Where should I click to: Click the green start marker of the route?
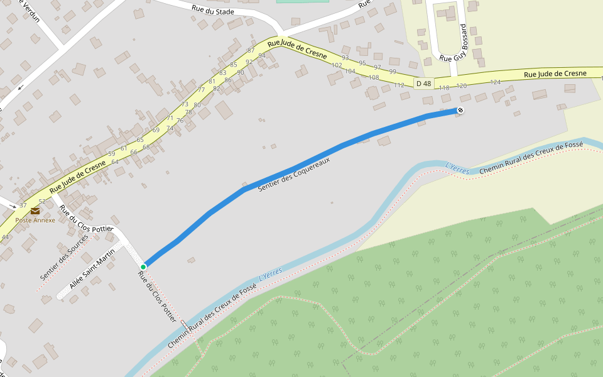point(143,267)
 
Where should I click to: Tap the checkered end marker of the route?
point(460,111)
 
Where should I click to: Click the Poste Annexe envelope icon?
point(35,211)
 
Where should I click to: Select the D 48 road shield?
point(424,84)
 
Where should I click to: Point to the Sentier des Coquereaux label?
point(294,175)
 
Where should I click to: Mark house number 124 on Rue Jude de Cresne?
point(496,82)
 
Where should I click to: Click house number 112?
point(399,85)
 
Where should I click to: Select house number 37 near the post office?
point(23,205)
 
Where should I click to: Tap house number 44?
point(5,237)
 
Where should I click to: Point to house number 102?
point(337,65)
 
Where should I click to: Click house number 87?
point(251,50)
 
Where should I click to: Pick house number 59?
point(111,154)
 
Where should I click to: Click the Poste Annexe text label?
point(35,221)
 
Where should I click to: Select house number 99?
point(393,71)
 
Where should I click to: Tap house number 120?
point(461,85)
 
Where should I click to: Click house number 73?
point(185,104)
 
